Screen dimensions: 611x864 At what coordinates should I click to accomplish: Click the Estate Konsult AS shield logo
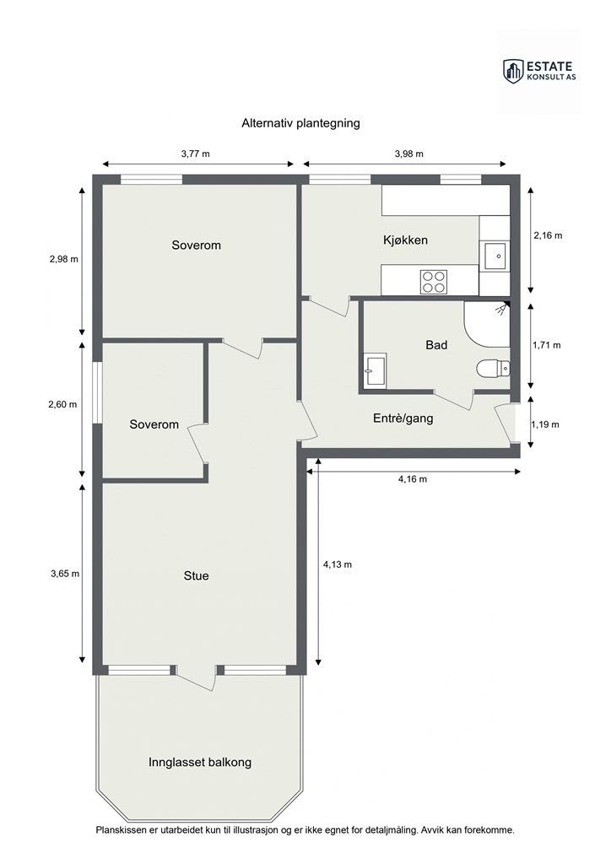click(x=512, y=72)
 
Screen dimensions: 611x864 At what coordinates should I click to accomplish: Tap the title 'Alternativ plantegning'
click(x=300, y=123)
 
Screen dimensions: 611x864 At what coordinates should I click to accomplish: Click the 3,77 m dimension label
click(x=196, y=154)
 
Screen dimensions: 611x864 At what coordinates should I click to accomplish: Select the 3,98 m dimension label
click(x=408, y=154)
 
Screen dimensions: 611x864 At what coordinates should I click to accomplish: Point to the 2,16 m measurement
click(x=548, y=235)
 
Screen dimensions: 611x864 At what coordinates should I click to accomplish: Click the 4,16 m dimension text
click(x=413, y=479)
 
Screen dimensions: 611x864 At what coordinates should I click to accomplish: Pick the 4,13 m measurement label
click(x=338, y=564)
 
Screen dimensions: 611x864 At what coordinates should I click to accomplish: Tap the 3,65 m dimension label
click(x=65, y=574)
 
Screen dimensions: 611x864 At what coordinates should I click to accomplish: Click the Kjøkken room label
click(x=405, y=240)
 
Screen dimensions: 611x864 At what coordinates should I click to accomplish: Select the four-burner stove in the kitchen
click(x=434, y=282)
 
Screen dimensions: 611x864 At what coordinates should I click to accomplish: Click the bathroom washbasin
click(x=376, y=370)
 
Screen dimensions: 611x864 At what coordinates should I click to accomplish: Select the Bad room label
click(x=436, y=345)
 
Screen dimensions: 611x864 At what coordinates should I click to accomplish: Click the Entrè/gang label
click(x=403, y=418)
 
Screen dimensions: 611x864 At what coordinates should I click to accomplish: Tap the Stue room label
click(x=196, y=575)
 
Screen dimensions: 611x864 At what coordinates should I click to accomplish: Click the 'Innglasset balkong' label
click(x=200, y=763)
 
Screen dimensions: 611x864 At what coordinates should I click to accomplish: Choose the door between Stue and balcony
click(x=196, y=678)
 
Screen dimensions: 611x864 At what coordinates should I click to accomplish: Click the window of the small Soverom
click(x=98, y=392)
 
